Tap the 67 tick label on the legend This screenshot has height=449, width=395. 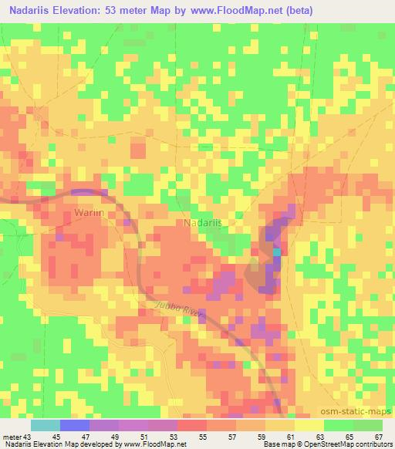coord(379,436)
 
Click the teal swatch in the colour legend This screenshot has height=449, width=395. coord(46,425)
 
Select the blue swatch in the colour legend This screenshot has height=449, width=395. coord(75,425)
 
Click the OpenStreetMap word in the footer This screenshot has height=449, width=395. coord(331,444)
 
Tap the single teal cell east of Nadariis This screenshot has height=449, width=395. coord(276,252)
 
